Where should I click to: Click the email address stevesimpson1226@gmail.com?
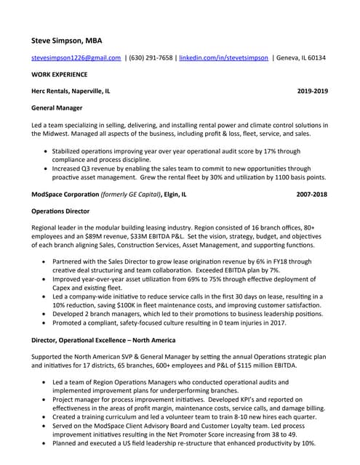76,57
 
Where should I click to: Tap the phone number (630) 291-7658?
151,57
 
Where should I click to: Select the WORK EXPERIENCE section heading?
60,74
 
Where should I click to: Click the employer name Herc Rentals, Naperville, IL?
71,92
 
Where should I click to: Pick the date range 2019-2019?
313,92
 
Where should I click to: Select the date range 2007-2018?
312,195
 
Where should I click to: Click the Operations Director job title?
60,211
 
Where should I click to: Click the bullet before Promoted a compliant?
47,323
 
